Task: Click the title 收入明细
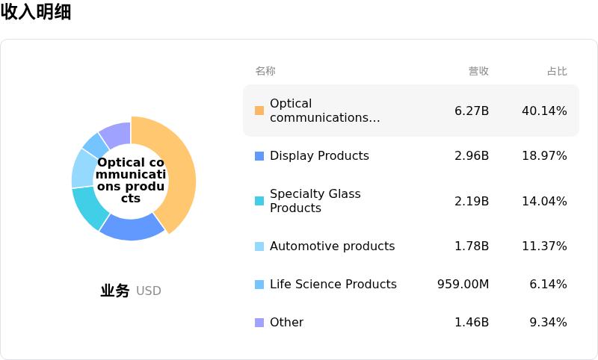(36, 12)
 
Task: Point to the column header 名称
(265, 71)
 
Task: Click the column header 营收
(478, 71)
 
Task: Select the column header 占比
(557, 71)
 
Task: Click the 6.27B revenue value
(472, 111)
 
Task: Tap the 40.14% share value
(544, 111)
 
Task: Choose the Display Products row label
(319, 155)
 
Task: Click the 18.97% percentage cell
(544, 155)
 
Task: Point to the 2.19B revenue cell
(472, 201)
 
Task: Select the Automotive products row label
(332, 246)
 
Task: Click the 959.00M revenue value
(463, 284)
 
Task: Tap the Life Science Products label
(333, 284)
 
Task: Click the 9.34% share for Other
(548, 322)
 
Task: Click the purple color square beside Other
(259, 323)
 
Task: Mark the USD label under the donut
(149, 291)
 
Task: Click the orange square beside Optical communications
(259, 111)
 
